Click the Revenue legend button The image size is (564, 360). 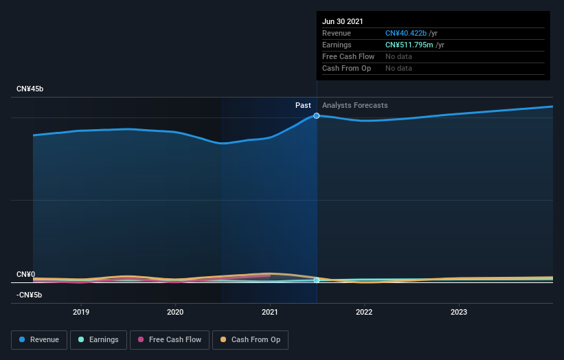click(39, 339)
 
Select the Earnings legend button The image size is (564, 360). click(98, 339)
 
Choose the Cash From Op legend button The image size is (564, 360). click(250, 339)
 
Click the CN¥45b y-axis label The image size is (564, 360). click(30, 89)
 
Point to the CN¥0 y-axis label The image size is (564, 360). click(25, 274)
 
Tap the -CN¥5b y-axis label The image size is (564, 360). click(30, 295)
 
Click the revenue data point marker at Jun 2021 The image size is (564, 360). click(317, 115)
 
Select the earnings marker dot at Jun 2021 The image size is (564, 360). click(317, 280)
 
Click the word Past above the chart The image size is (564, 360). click(303, 105)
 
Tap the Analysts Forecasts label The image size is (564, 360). click(354, 105)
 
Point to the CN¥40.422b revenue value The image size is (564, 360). click(406, 33)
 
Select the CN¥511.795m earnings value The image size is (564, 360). click(409, 45)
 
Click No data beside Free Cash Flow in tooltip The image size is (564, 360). click(398, 56)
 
